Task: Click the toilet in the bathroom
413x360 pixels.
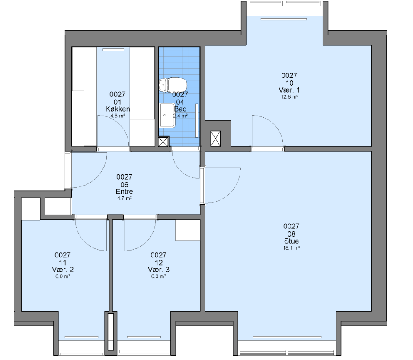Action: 173,85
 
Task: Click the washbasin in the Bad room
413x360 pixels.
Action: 167,115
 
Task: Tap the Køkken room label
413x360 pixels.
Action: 118,109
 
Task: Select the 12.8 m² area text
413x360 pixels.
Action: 289,97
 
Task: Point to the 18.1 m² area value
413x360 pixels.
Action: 291,248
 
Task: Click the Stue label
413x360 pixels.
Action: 291,241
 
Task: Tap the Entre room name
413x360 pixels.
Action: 124,191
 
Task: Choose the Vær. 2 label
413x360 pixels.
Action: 63,270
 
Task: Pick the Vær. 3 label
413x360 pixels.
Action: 159,270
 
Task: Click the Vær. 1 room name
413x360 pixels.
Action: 289,90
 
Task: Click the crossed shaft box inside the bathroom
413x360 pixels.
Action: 163,141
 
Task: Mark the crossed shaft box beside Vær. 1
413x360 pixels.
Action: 215,138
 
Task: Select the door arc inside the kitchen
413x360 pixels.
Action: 120,124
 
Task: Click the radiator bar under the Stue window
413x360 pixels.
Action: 287,337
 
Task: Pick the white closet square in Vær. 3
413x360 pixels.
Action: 188,230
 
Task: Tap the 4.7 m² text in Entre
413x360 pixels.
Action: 124,199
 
